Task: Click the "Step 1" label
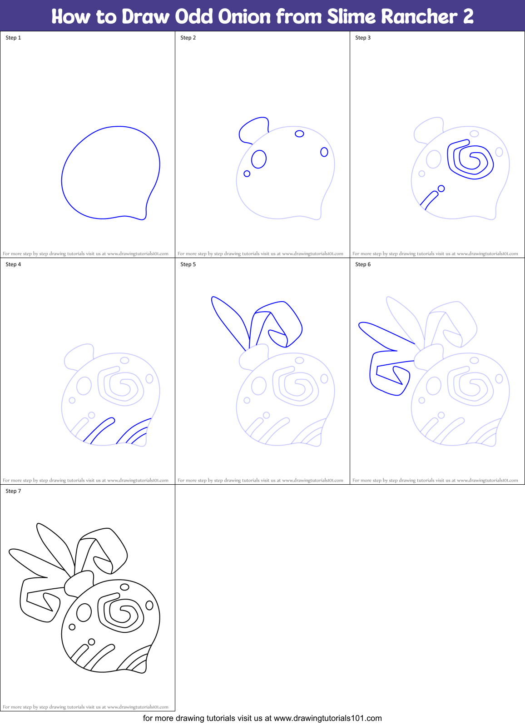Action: point(13,38)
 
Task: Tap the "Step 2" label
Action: point(188,38)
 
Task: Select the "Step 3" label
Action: point(363,38)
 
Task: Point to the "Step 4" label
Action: point(13,264)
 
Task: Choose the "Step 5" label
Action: point(188,264)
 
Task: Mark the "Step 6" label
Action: point(363,264)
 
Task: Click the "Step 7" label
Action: point(13,491)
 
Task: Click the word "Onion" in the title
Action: point(244,17)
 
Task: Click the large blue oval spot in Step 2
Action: point(259,159)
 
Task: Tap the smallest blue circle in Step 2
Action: point(247,174)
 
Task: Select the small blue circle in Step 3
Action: point(441,189)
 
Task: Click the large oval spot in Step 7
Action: point(84,612)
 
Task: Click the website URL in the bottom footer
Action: point(327,718)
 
